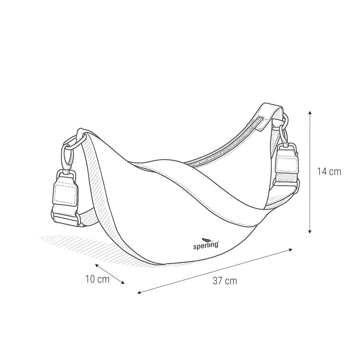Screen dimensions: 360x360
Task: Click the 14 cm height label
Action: click(x=329, y=172)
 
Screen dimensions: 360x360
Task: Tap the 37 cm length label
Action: click(x=225, y=281)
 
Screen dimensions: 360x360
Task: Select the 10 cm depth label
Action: click(x=97, y=279)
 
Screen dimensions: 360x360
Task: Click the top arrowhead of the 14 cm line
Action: click(x=310, y=113)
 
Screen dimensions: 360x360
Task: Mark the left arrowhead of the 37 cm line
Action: click(x=139, y=293)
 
